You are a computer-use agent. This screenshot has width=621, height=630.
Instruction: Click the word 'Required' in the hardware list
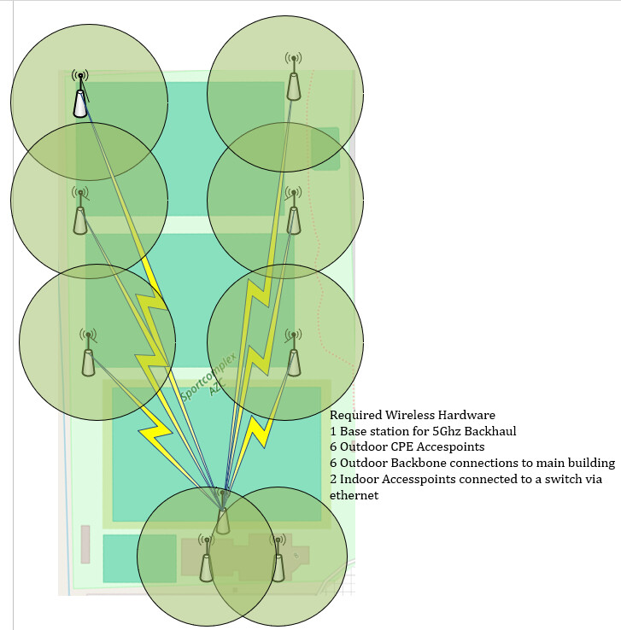coord(357,415)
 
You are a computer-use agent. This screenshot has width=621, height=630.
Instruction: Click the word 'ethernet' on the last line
coord(354,496)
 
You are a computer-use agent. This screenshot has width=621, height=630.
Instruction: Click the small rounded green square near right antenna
coord(325,149)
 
